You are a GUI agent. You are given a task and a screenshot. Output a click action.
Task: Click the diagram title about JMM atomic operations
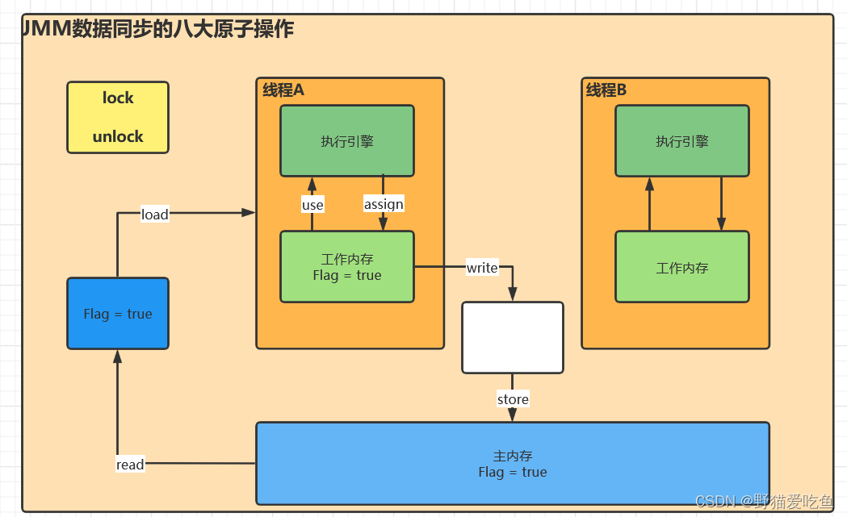pyautogui.click(x=158, y=30)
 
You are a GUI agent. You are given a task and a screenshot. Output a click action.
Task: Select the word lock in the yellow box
pyautogui.click(x=118, y=98)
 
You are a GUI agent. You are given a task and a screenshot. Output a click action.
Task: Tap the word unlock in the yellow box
pyautogui.click(x=118, y=136)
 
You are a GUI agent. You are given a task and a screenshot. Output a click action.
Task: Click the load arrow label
pyautogui.click(x=154, y=214)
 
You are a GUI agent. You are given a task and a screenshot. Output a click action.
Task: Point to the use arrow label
pyautogui.click(x=312, y=205)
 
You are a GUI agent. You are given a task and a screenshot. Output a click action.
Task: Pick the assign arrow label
pyautogui.click(x=384, y=204)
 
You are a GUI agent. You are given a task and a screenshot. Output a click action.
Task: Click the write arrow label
pyautogui.click(x=482, y=268)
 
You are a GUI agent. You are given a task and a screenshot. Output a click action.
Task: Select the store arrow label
pyautogui.click(x=513, y=399)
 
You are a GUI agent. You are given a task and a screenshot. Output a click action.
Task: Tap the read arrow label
pyautogui.click(x=130, y=464)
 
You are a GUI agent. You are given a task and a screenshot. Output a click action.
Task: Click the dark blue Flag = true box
pyautogui.click(x=118, y=314)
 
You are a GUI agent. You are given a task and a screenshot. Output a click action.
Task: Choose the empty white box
pyautogui.click(x=513, y=337)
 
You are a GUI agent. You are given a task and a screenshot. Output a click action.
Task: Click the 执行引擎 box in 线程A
pyautogui.click(x=347, y=141)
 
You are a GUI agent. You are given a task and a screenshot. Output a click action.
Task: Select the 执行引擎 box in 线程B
pyautogui.click(x=682, y=141)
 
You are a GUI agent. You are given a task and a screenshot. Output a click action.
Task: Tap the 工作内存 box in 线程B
pyautogui.click(x=682, y=267)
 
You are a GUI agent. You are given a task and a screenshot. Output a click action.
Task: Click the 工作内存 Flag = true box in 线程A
pyautogui.click(x=347, y=267)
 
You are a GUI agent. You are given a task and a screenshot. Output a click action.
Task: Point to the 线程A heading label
pyautogui.click(x=283, y=90)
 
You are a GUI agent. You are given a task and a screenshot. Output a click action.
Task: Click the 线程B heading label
pyautogui.click(x=606, y=90)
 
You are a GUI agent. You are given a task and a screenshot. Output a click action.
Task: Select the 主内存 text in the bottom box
pyautogui.click(x=513, y=457)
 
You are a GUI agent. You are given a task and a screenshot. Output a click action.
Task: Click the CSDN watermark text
pyautogui.click(x=763, y=502)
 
